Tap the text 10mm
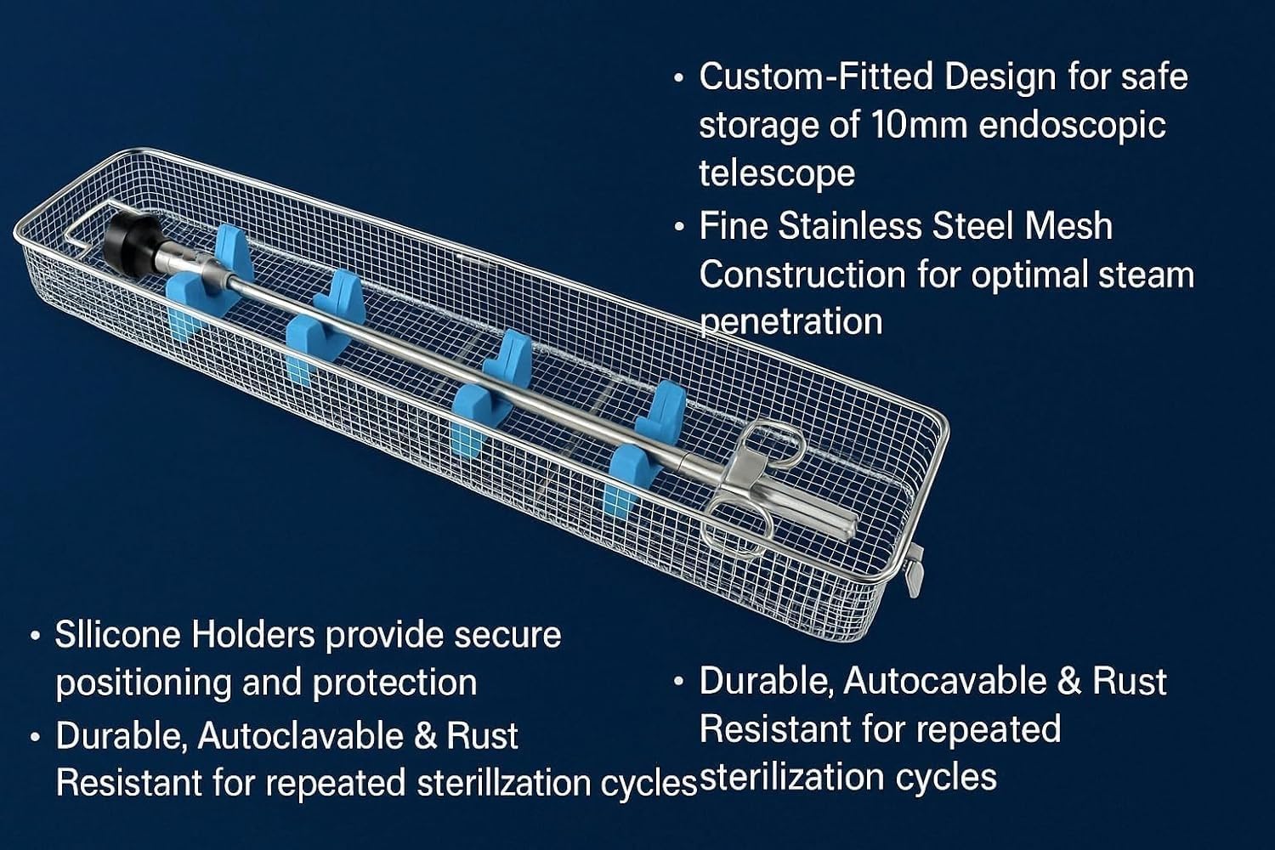pyautogui.click(x=919, y=125)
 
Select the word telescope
pyautogui.click(x=777, y=173)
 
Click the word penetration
pyautogui.click(x=790, y=321)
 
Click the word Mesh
pyautogui.click(x=1068, y=226)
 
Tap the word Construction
pyautogui.click(x=802, y=275)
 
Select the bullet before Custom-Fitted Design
pyautogui.click(x=678, y=78)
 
